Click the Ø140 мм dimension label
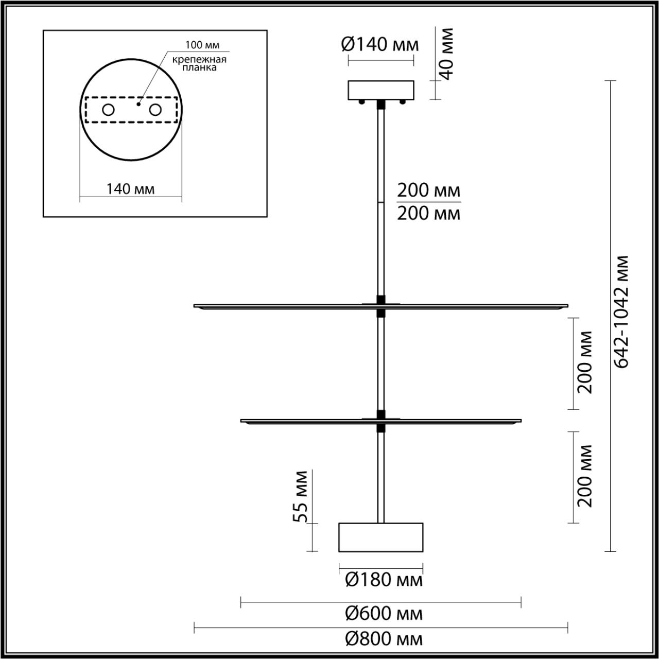(380, 45)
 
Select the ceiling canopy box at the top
(381, 90)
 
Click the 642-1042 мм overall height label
(623, 311)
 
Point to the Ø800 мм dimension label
(384, 639)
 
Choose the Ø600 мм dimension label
(384, 613)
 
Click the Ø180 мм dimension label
(384, 580)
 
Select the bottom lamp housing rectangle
(380, 537)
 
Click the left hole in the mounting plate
(108, 110)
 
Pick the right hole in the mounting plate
(155, 110)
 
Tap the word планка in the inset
(199, 67)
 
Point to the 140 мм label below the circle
(130, 189)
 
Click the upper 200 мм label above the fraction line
(428, 190)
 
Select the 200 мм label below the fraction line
(428, 213)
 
